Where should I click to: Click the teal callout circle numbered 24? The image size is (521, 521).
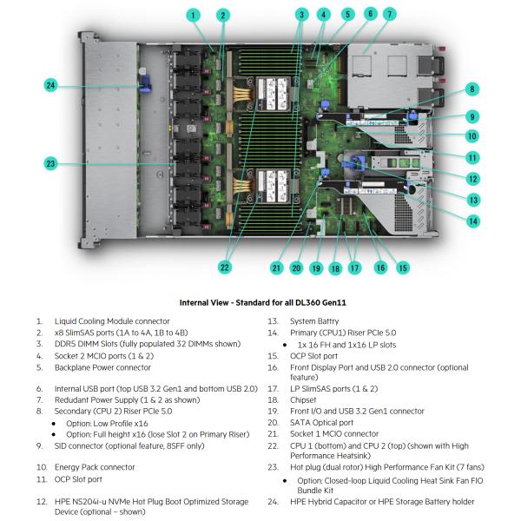(x=51, y=85)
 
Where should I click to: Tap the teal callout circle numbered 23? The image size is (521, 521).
(x=51, y=163)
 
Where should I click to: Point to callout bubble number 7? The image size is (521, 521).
(x=389, y=14)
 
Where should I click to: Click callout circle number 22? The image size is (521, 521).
(x=225, y=267)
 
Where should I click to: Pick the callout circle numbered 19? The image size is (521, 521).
(x=316, y=268)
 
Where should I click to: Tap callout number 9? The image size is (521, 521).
(x=472, y=115)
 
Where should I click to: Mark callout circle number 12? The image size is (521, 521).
(x=472, y=179)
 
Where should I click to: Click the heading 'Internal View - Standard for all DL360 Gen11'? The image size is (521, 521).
(x=260, y=302)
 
